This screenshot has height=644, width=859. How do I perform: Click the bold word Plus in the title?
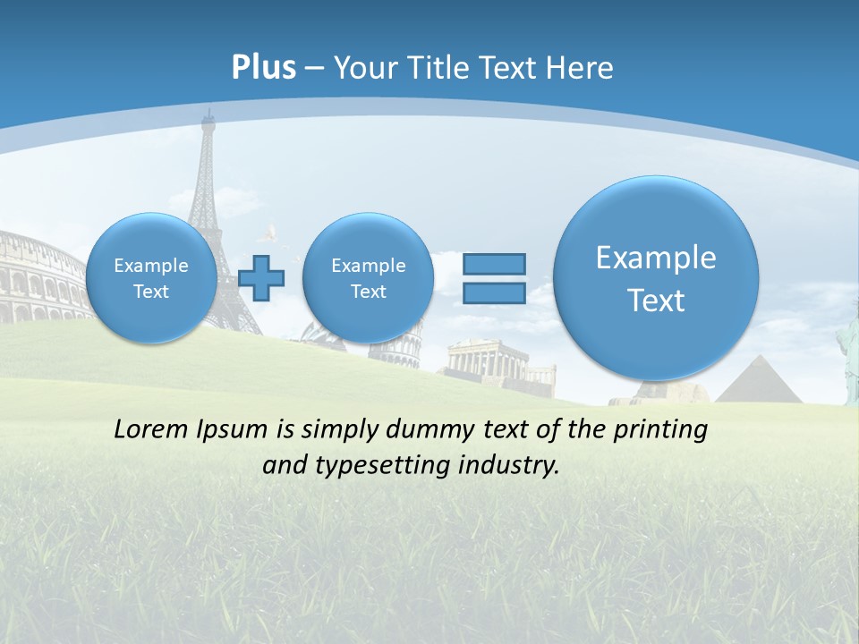263,68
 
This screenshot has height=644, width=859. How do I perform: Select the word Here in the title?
579,68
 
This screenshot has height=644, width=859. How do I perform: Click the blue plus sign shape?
261,278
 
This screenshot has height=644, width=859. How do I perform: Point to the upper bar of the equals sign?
494,264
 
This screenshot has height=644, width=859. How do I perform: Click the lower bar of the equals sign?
494,292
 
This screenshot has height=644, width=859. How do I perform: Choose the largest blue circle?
656,278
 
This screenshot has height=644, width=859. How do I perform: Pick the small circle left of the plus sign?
151,278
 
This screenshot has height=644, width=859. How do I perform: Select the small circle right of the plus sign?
368,278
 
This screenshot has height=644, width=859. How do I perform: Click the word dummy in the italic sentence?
428,430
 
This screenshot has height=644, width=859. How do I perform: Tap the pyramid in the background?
759,382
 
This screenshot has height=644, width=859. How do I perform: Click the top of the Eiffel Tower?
208,114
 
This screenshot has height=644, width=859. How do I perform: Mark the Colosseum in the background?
40,277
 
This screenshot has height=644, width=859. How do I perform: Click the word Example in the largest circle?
656,258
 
